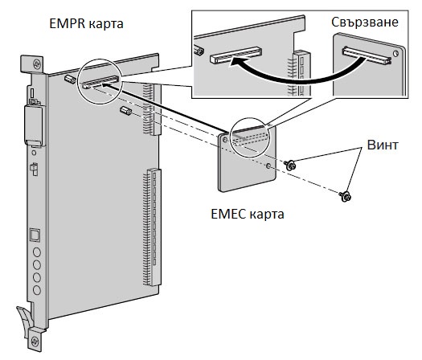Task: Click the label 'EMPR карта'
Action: pyautogui.click(x=86, y=23)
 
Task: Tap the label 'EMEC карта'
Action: pyautogui.click(x=248, y=215)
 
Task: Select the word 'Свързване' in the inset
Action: pyautogui.click(x=365, y=22)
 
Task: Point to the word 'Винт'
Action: pyautogui.click(x=383, y=145)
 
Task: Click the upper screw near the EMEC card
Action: pyautogui.click(x=290, y=165)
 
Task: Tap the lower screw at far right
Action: pyautogui.click(x=346, y=196)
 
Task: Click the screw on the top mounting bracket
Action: pyautogui.click(x=37, y=64)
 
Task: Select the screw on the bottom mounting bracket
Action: pyautogui.click(x=35, y=342)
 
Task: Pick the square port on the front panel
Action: pyautogui.click(x=35, y=235)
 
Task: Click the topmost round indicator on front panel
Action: pyautogui.click(x=37, y=252)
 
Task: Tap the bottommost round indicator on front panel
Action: pyautogui.click(x=37, y=290)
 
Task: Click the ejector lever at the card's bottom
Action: pyautogui.click(x=24, y=320)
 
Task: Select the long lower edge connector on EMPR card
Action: pyautogui.click(x=152, y=227)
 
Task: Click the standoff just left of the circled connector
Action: pyautogui.click(x=70, y=79)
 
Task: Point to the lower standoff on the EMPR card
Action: pyautogui.click(x=125, y=110)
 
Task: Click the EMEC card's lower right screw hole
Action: pyautogui.click(x=268, y=166)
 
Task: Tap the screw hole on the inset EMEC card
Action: pyautogui.click(x=396, y=54)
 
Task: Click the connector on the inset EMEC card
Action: pyautogui.click(x=367, y=55)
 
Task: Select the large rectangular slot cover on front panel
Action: pyautogui.click(x=34, y=126)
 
